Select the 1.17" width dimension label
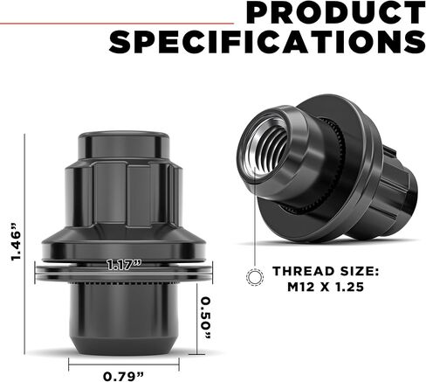[124, 265]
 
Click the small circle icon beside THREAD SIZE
[255, 278]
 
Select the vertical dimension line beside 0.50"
[195, 315]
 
